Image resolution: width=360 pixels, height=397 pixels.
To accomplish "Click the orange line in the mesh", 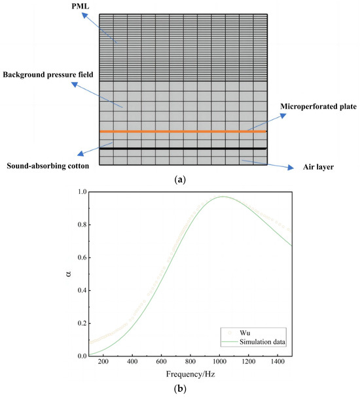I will pyautogui.click(x=183, y=132).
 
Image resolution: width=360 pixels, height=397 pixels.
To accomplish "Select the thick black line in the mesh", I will pyautogui.click(x=183, y=149).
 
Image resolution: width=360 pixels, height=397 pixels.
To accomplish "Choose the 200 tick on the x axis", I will pyautogui.click(x=103, y=364).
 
